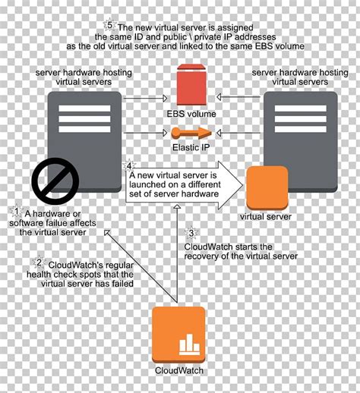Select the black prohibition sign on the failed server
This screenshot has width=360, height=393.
click(x=55, y=181)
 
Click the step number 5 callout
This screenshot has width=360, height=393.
click(x=111, y=24)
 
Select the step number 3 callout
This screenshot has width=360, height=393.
click(x=192, y=233)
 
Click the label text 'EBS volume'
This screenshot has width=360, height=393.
click(x=191, y=114)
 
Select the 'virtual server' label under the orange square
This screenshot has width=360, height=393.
click(x=266, y=217)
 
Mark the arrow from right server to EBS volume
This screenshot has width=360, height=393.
click(x=235, y=98)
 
